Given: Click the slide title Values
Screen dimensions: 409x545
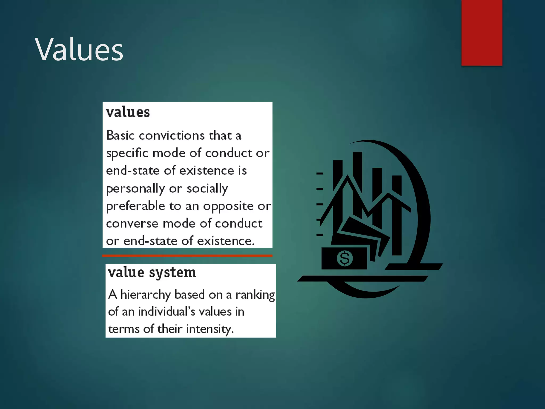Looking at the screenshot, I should tap(79, 50).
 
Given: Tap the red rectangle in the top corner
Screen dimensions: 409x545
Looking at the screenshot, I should tap(482, 32).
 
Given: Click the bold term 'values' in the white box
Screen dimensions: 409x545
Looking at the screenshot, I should tap(128, 112).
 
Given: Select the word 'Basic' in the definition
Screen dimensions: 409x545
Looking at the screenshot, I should tap(120, 135).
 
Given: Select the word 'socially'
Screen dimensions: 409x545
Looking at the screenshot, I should tap(207, 189).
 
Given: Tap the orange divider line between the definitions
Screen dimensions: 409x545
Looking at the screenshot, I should tap(187, 256).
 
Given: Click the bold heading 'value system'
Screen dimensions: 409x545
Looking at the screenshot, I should tap(152, 272).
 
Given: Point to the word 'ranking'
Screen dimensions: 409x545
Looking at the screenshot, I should tap(255, 295).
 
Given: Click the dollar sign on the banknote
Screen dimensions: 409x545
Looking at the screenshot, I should tap(345, 258).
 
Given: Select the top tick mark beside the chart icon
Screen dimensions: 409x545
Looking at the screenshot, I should tap(320, 173).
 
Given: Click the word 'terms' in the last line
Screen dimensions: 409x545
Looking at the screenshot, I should tap(124, 329).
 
